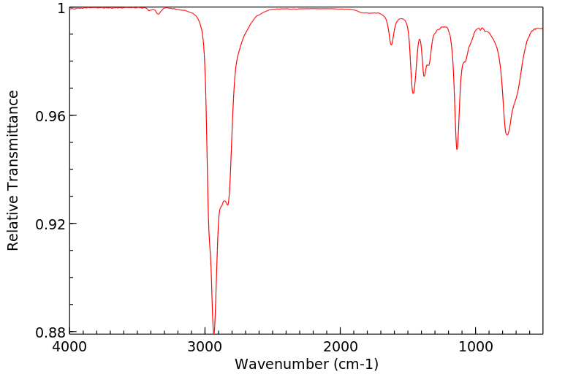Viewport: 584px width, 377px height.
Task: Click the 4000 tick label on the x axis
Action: (x=70, y=346)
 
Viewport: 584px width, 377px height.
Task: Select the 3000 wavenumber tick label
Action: (x=205, y=346)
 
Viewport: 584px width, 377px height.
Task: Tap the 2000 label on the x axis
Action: (x=341, y=346)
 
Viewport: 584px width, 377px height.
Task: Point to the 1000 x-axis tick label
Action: (x=476, y=346)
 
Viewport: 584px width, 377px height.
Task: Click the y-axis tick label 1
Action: (x=61, y=8)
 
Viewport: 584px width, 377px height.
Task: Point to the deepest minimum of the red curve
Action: (x=213, y=332)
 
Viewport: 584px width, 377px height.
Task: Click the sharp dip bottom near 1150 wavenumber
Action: (x=457, y=149)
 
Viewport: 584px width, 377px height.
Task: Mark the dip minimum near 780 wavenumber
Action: (x=507, y=134)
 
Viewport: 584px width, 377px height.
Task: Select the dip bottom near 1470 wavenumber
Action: (x=413, y=93)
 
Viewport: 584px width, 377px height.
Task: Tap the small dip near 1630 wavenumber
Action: (x=392, y=45)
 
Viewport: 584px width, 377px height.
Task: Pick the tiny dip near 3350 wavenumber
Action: (x=158, y=14)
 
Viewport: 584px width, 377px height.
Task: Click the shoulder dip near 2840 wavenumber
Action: (x=227, y=205)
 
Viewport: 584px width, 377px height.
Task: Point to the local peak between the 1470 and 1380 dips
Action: (x=420, y=39)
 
